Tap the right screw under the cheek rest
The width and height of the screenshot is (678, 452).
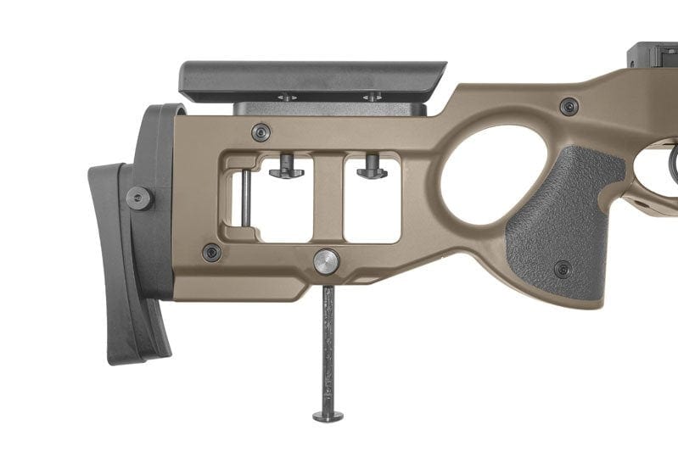point(372,98)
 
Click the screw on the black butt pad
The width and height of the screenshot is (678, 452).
point(139,198)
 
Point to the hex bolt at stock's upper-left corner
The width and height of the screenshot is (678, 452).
point(261,132)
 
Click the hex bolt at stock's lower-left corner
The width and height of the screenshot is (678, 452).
point(211,252)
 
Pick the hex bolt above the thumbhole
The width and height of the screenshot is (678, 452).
point(569,107)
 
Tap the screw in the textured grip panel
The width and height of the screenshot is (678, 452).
point(563,269)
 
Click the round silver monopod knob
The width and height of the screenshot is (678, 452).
point(327,261)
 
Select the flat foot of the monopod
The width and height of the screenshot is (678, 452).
point(328,416)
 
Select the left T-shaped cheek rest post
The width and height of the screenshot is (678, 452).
point(286,168)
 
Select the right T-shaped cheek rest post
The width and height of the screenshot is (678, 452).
point(372,168)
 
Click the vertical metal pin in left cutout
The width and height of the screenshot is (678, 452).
point(245,198)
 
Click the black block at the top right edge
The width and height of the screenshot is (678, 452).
point(653,55)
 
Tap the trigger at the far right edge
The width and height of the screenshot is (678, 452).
point(672,166)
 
